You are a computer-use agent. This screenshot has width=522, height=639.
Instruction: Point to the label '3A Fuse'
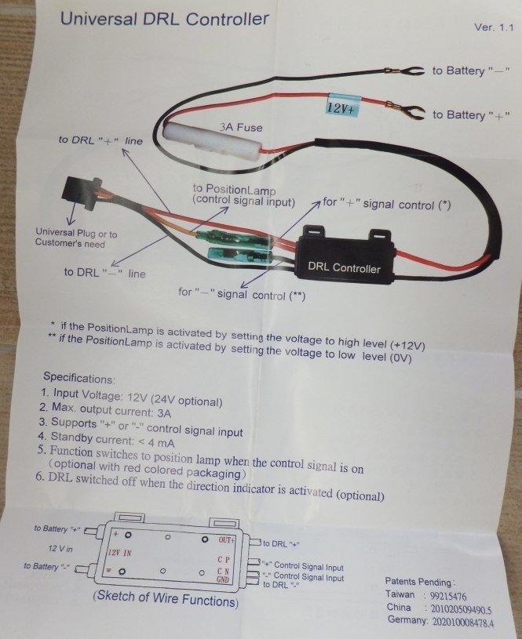(240, 127)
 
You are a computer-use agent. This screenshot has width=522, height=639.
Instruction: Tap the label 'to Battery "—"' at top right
(469, 71)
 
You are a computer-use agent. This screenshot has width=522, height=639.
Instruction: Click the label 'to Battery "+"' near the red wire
(469, 115)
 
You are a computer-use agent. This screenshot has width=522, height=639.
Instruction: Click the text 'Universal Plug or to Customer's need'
(76, 238)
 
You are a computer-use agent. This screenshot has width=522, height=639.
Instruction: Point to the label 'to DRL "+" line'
(100, 140)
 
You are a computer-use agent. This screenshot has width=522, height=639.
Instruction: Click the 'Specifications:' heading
(78, 378)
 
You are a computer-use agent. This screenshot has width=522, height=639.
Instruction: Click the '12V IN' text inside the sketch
(122, 552)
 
